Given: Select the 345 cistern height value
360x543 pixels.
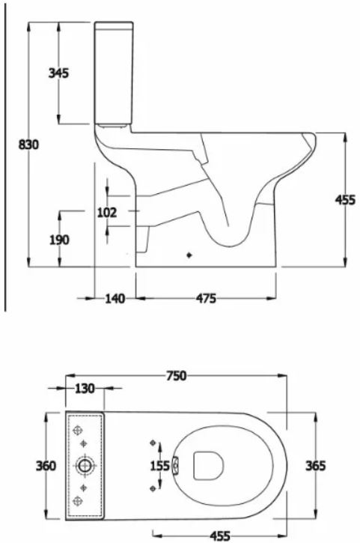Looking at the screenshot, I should tap(58, 73).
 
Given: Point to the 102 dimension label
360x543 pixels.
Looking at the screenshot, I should tap(108, 212).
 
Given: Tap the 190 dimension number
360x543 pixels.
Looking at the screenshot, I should tap(58, 240).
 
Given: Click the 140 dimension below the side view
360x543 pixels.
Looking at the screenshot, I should tap(115, 299).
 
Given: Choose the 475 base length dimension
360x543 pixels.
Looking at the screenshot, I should tap(206, 299).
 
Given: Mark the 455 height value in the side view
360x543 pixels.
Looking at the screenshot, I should tap(345, 200).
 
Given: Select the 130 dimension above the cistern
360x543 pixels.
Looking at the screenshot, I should tap(85, 389).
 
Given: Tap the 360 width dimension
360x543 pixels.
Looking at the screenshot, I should tap(46, 465).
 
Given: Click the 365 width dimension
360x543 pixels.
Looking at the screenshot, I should tap(316, 465).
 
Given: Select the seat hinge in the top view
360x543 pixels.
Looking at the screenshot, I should tap(176, 465).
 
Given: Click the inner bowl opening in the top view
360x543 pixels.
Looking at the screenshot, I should tap(209, 465).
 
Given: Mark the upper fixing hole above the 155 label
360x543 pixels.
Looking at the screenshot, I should tap(153, 441).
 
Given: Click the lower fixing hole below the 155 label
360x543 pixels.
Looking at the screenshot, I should tap(153, 488).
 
